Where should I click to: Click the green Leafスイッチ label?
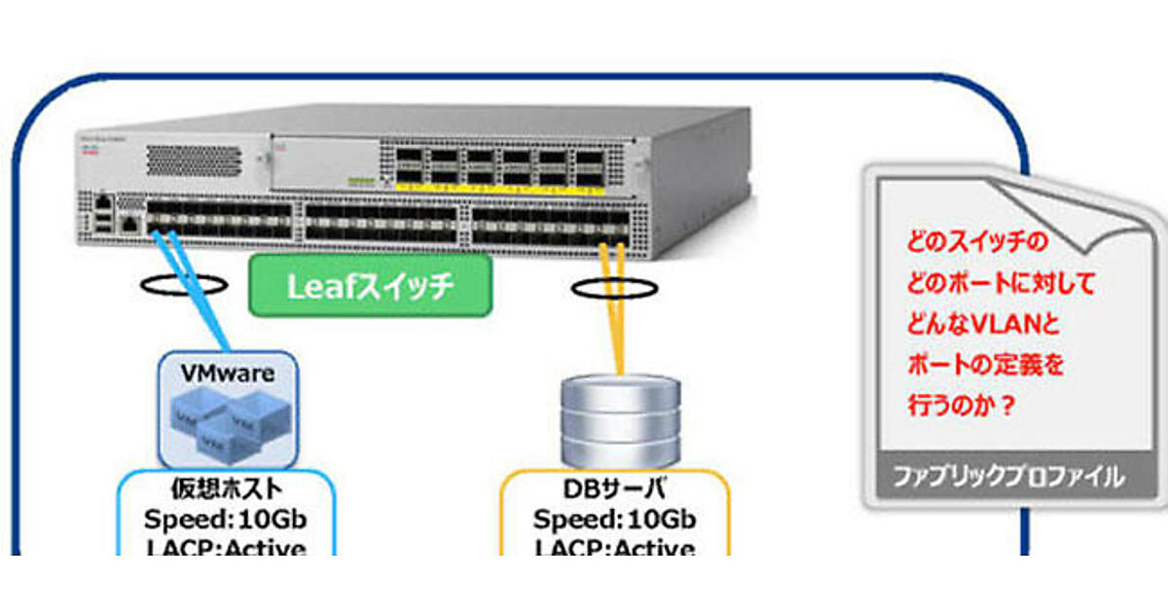[x=369, y=286]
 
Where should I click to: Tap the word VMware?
[x=228, y=373]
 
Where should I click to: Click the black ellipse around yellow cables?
[x=614, y=288]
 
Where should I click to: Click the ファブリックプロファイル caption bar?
[x=1008, y=477]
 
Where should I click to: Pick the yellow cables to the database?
[x=614, y=302]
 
